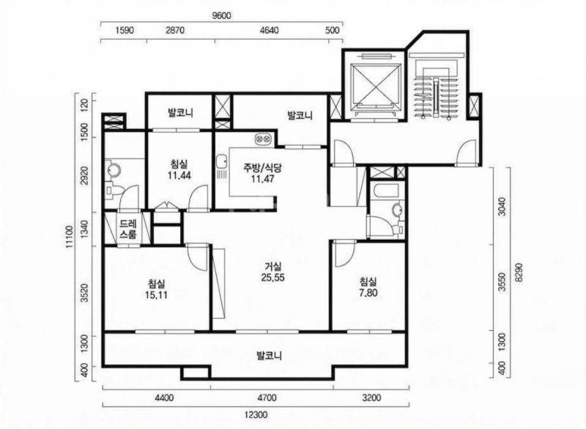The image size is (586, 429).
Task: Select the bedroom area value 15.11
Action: point(156,295)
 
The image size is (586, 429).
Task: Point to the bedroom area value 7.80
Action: point(368,293)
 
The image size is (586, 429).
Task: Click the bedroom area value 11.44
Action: point(179,175)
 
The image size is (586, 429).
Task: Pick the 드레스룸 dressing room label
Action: point(128,229)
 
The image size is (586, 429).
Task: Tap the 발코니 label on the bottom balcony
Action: point(269,355)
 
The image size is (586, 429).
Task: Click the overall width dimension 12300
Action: point(256,415)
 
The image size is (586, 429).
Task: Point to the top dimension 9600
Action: point(222,15)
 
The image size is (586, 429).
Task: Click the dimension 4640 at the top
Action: point(269,30)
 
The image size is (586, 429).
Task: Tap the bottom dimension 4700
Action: point(267,397)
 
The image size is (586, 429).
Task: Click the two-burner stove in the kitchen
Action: point(263,139)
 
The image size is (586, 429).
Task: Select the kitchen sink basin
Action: point(221,161)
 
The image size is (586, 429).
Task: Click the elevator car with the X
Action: point(375,85)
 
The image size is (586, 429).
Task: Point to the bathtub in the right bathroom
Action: point(387,191)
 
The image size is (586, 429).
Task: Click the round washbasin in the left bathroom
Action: point(113,171)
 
